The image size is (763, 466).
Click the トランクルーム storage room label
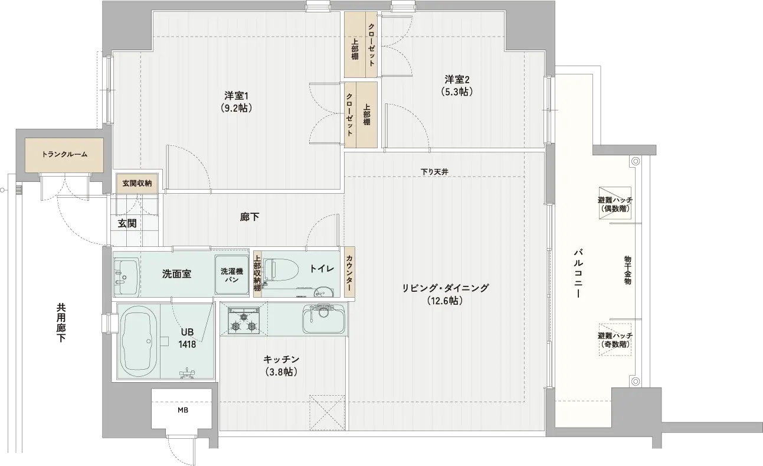(x=64, y=154)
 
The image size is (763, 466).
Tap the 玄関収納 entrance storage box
(x=137, y=184)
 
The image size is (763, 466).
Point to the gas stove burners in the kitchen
(x=244, y=321)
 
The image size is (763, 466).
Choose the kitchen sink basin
(x=323, y=319)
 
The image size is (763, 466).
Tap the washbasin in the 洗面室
(x=126, y=275)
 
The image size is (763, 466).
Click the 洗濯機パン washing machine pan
(x=232, y=275)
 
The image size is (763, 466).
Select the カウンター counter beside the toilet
(x=349, y=273)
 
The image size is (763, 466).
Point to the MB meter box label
(x=183, y=410)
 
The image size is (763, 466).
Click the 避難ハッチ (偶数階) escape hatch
(x=615, y=203)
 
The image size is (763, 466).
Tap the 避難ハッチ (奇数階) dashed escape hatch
(x=615, y=340)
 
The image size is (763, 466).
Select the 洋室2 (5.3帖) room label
(x=457, y=86)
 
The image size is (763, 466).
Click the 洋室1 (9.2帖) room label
(x=237, y=102)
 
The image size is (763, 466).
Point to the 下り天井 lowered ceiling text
(x=434, y=172)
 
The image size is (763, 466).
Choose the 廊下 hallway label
(x=250, y=217)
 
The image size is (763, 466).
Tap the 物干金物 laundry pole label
(x=627, y=270)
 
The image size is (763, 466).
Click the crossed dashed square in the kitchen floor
(x=327, y=412)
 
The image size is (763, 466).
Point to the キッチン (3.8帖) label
(x=281, y=366)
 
